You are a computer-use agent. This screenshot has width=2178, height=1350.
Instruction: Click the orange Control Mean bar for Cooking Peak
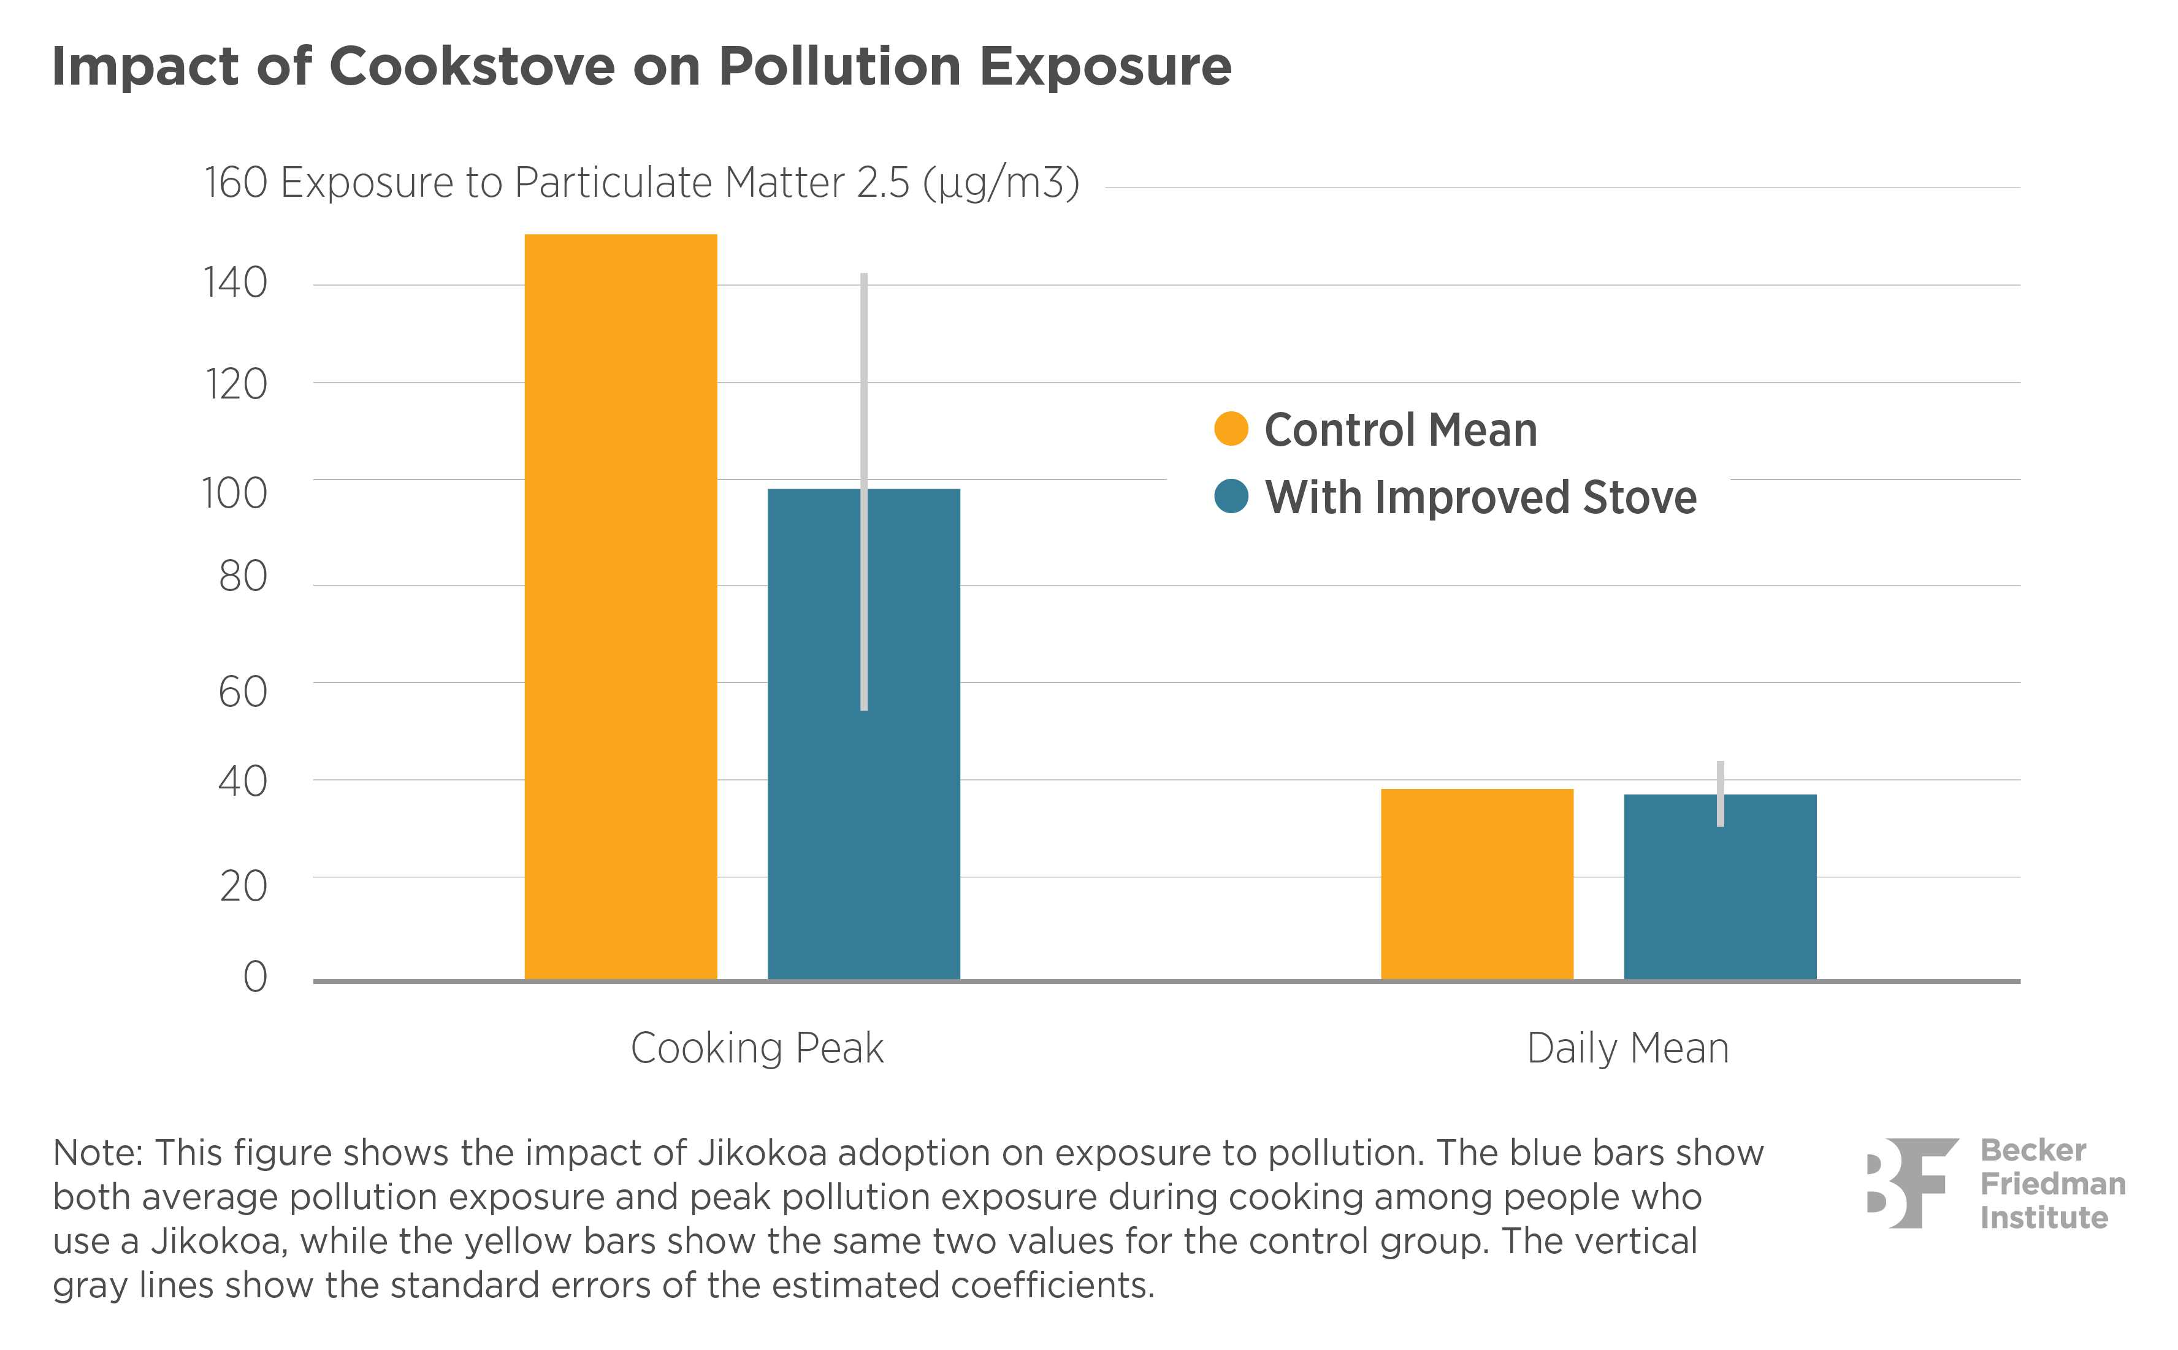(x=620, y=607)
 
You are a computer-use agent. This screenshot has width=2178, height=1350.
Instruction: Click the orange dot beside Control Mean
(x=1231, y=429)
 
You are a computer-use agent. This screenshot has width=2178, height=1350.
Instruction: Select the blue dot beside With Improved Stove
(x=1231, y=497)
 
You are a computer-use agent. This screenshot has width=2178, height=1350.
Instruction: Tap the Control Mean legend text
(x=1400, y=430)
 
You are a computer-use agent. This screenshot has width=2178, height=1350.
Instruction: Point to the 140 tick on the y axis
(x=235, y=283)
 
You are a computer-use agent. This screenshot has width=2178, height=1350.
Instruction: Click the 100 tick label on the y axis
(x=234, y=493)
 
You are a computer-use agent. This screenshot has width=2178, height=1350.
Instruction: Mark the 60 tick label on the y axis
(x=242, y=692)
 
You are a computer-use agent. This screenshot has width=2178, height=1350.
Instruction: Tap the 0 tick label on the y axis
(x=256, y=977)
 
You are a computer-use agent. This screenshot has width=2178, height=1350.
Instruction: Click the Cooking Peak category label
(x=757, y=1048)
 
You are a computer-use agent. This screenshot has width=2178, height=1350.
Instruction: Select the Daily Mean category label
(x=1627, y=1048)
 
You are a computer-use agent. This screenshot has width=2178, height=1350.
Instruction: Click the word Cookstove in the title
(x=472, y=66)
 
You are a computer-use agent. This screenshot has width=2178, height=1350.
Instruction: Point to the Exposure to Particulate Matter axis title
(x=679, y=183)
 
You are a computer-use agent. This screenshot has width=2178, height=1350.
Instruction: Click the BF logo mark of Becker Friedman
(x=1911, y=1183)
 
